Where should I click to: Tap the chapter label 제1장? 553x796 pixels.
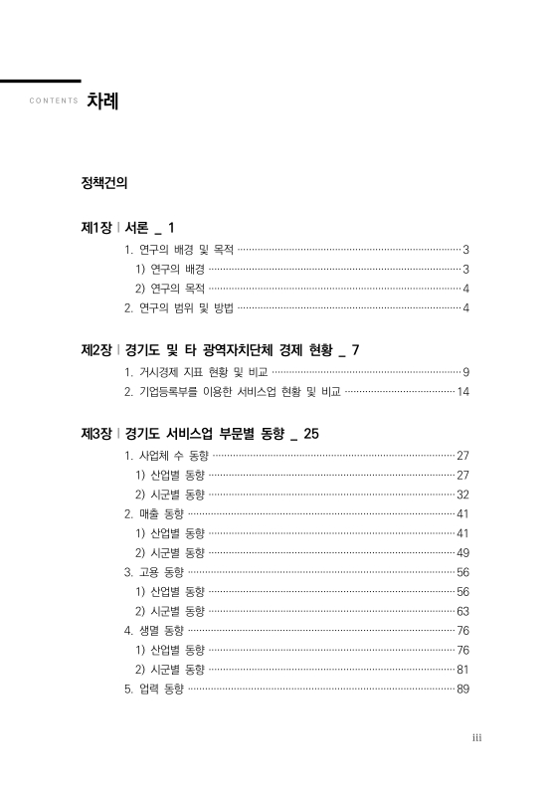coord(95,228)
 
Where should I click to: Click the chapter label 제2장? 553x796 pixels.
coord(96,350)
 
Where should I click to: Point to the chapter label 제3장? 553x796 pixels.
coord(96,434)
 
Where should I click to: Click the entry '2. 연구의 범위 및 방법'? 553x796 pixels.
coord(178,306)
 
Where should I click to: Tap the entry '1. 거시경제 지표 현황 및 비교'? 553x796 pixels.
coord(197,372)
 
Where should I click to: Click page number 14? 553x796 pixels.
coord(462,392)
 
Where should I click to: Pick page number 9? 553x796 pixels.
coord(465,372)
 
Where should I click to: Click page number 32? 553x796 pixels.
coord(462,495)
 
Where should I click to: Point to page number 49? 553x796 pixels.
coord(462,552)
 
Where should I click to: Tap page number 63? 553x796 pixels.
coord(462,611)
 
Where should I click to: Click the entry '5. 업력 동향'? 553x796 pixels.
coord(154,689)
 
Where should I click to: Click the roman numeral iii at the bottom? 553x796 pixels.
coord(476,737)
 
